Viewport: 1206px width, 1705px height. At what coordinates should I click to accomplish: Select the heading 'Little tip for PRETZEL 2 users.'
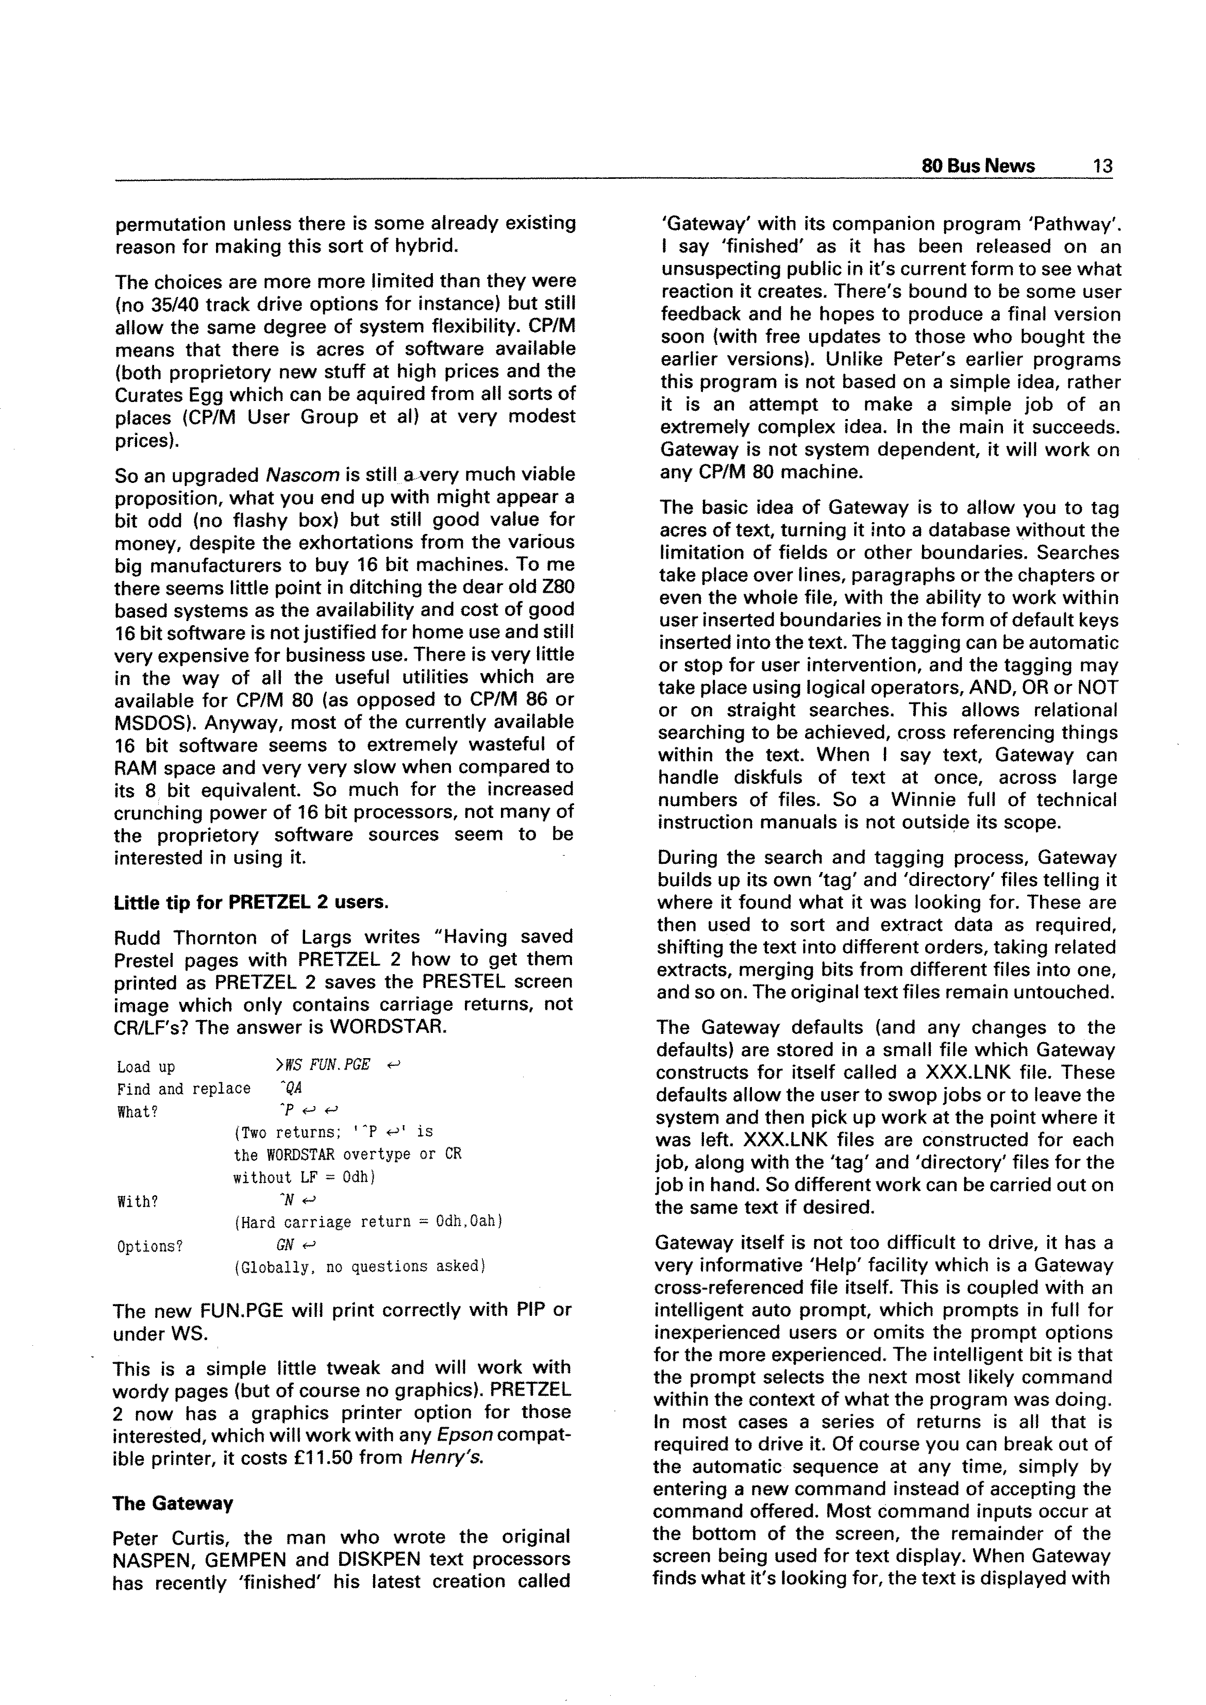[x=251, y=902]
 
